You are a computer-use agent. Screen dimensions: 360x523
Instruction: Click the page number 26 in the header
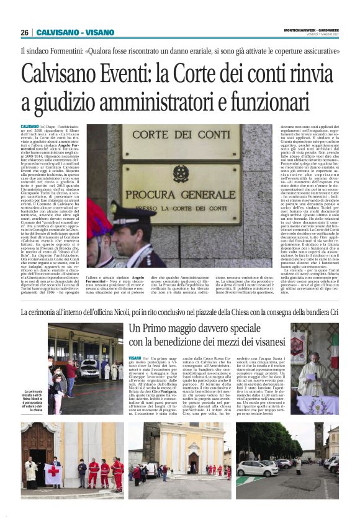(24, 32)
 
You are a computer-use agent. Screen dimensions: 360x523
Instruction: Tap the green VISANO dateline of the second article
(135, 358)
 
